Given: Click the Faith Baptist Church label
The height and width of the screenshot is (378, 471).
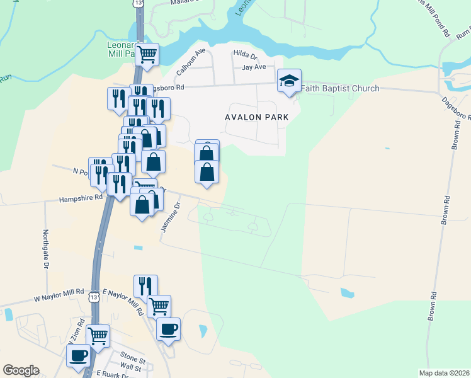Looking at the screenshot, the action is click(340, 88).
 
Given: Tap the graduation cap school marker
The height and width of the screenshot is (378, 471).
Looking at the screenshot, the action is click(290, 81).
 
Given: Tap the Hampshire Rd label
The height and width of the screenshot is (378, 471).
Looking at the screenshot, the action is click(81, 197).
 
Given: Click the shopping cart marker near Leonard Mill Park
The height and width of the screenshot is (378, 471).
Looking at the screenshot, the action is click(147, 54).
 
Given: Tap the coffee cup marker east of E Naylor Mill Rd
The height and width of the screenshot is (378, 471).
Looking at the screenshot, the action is click(168, 328).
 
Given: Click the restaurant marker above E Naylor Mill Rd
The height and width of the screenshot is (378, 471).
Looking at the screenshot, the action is click(145, 285).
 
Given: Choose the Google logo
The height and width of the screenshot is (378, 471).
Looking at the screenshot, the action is click(21, 370).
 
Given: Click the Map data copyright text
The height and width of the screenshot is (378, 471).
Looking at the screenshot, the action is click(444, 373).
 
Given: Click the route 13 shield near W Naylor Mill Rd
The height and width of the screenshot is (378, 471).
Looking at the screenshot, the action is click(94, 297).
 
